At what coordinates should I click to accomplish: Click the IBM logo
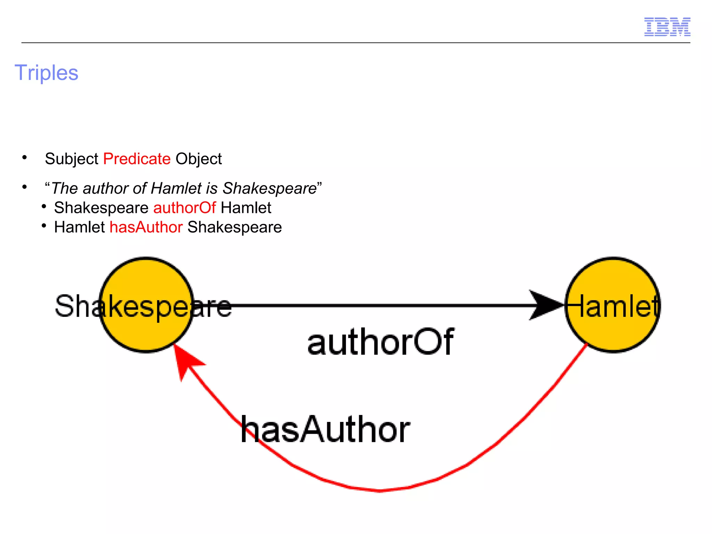point(667,27)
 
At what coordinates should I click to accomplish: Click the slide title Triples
point(47,73)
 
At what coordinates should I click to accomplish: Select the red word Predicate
point(137,159)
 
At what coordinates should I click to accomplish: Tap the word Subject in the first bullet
point(72,159)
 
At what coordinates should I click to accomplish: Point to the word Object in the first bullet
point(199,159)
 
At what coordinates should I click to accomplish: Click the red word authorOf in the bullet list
point(185,208)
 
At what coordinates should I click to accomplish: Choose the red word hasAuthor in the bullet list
point(146,228)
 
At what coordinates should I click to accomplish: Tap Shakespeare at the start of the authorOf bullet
point(101,208)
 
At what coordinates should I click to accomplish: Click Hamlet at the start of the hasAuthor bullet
point(79,228)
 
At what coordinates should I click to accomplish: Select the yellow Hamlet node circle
point(613,334)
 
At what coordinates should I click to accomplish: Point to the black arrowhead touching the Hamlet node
point(546,305)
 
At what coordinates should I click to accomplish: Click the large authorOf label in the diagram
point(380,342)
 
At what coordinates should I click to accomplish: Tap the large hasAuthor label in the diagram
point(325,430)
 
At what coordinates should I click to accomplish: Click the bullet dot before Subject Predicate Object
point(24,158)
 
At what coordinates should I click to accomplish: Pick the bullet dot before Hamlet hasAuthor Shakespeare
point(44,226)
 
